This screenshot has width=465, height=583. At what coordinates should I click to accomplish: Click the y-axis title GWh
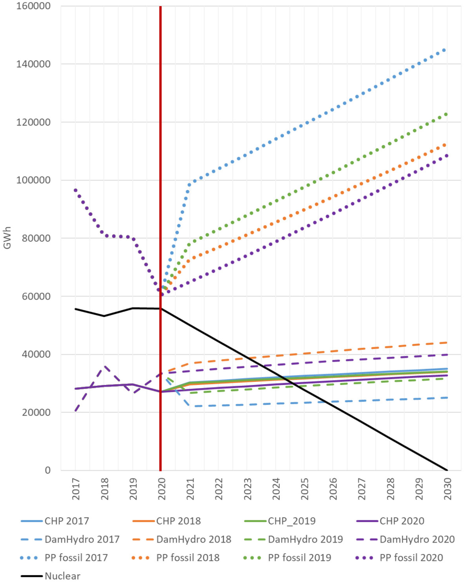coord(7,238)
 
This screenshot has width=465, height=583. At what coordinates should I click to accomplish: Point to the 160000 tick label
coord(33,6)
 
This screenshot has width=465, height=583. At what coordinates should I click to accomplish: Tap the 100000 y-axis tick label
coord(33,180)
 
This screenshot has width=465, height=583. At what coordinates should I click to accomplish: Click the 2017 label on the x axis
coord(76,489)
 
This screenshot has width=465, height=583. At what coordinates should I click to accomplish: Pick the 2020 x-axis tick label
coord(161,489)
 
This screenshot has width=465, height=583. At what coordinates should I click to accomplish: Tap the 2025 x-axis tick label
coord(304,489)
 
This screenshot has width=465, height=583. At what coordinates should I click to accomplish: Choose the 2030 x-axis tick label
coord(448,489)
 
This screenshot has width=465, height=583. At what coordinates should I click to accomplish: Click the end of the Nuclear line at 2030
coord(448,470)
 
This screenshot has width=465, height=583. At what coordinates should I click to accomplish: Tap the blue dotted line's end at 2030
coord(444,50)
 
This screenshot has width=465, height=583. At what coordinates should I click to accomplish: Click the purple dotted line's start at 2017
coord(76,190)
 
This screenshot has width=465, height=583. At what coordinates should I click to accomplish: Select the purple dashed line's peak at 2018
coord(104,366)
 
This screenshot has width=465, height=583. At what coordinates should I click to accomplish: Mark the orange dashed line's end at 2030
coord(447,342)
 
